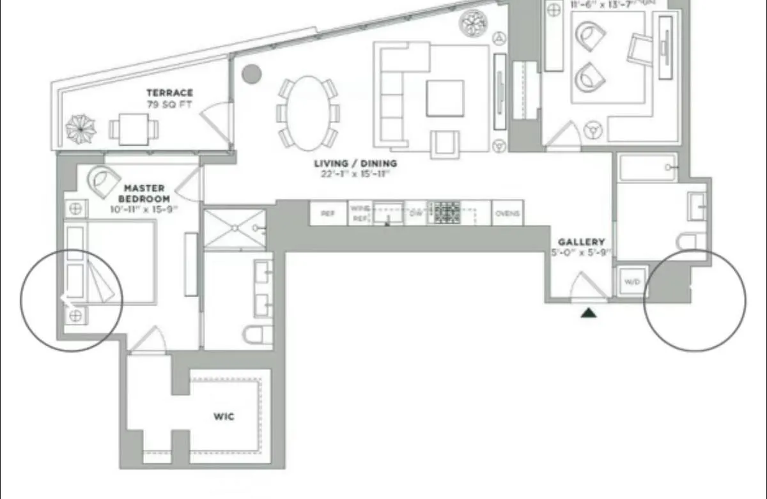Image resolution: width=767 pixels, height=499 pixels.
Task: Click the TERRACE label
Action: (169, 93)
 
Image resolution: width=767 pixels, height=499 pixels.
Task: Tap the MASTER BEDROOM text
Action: (144, 193)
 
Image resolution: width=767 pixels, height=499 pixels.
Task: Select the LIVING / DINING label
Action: (355, 164)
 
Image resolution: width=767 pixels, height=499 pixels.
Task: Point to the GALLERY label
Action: (581, 242)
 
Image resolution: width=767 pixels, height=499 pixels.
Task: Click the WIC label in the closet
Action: (223, 417)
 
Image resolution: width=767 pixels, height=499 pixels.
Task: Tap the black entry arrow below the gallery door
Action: (588, 312)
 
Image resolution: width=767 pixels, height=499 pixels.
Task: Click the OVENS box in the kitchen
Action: (507, 213)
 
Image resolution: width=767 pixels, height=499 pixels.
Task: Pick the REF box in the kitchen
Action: (328, 213)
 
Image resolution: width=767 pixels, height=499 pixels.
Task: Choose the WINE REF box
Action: (359, 213)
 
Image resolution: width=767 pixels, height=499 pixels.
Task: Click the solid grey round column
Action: (251, 73)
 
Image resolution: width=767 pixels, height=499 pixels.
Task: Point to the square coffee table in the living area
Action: (445, 98)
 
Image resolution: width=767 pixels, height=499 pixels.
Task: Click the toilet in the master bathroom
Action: (258, 334)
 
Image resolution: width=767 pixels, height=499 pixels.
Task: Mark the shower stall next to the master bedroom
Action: (235, 228)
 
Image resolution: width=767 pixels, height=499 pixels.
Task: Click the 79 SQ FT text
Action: (169, 104)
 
